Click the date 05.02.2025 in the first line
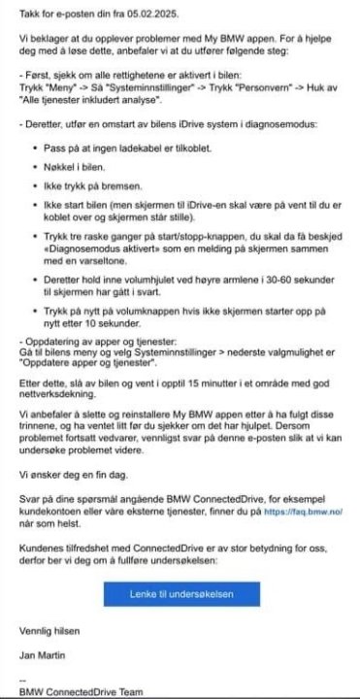pos(159,9)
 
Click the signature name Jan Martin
pos(45,655)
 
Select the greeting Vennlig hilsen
pos(49,631)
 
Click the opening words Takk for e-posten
pos(56,9)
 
